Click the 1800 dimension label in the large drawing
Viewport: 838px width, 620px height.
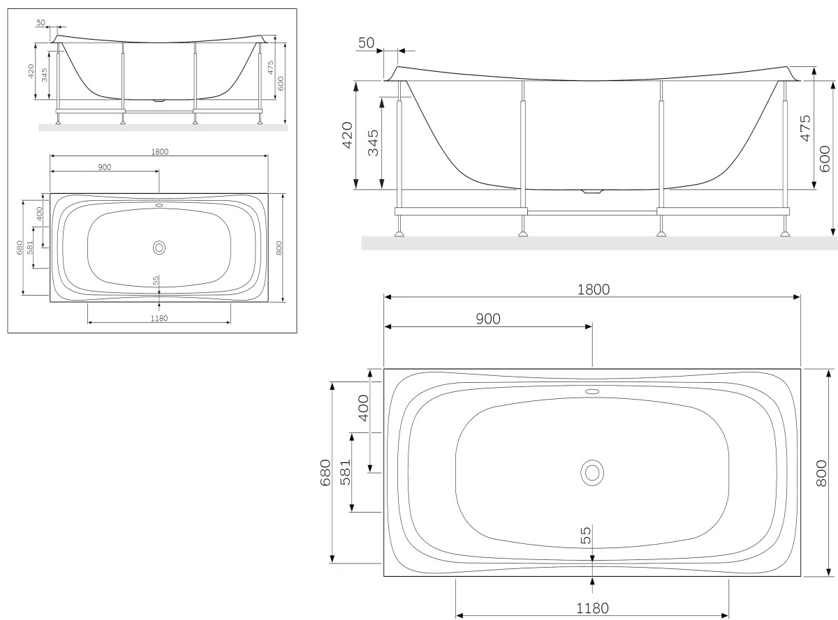coord(592,289)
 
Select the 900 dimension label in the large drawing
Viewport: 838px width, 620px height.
coord(488,318)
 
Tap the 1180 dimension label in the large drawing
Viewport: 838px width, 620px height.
coord(592,607)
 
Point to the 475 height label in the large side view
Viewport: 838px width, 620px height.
coord(805,128)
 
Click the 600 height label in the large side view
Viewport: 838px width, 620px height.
coord(825,158)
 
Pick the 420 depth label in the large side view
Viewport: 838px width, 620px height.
coord(348,135)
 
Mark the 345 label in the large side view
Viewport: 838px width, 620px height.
coord(373,142)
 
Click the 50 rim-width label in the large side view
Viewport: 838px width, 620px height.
coord(367,43)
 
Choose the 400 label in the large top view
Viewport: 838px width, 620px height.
coord(363,407)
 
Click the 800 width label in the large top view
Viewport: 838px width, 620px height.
coord(822,472)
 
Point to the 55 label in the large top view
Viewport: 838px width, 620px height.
coord(586,535)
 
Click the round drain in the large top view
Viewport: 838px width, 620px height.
coord(592,472)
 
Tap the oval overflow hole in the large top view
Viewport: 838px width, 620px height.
coord(592,391)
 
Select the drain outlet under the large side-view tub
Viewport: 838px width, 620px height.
coord(592,190)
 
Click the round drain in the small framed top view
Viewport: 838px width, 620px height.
coord(159,247)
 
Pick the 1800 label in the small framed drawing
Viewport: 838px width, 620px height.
coord(159,151)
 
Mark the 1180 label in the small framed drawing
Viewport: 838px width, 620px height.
coord(159,318)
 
